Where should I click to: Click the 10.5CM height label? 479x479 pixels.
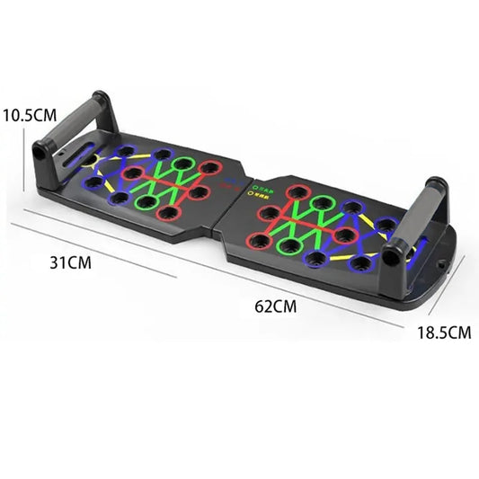coord(31,115)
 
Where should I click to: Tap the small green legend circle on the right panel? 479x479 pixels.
coord(255,189)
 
